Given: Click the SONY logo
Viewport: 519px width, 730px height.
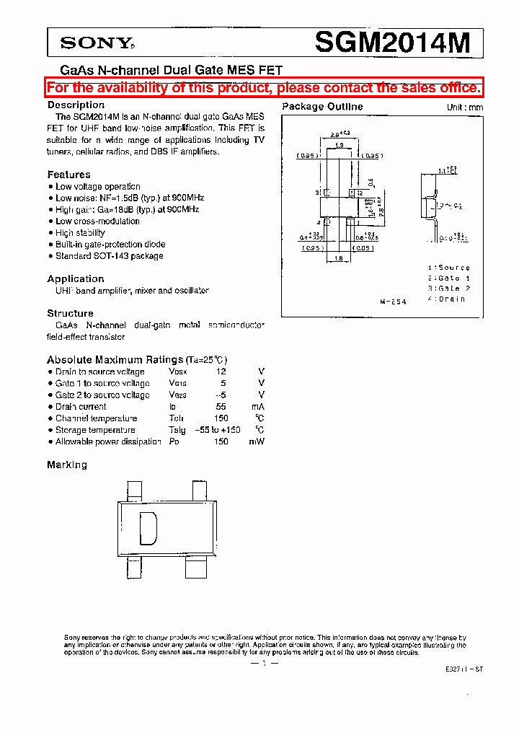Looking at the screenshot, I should [97, 43].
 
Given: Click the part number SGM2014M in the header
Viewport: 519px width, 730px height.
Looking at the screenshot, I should [392, 43].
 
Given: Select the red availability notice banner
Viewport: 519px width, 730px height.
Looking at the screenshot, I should [264, 88].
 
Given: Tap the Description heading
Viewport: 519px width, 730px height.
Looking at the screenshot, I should [76, 105].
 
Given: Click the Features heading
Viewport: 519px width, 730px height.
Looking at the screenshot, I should [68, 175].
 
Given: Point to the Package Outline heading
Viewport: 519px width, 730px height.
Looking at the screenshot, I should [322, 107].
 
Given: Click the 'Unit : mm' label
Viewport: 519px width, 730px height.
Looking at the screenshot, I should [464, 107].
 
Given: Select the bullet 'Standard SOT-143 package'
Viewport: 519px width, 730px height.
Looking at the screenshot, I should [110, 256].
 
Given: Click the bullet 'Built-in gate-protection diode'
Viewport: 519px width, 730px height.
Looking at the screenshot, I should [110, 245].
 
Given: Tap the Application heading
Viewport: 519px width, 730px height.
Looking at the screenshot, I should [76, 279].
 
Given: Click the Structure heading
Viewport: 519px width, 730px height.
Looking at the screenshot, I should [70, 314].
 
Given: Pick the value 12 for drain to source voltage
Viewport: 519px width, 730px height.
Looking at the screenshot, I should [221, 372].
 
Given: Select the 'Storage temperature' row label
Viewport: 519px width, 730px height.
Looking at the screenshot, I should [96, 430].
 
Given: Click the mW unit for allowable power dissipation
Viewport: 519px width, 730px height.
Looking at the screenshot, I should [257, 441].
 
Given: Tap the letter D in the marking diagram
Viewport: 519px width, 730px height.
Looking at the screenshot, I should [148, 529].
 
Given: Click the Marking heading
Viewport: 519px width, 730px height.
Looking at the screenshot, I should [67, 465].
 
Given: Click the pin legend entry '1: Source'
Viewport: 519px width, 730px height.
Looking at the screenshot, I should [448, 268].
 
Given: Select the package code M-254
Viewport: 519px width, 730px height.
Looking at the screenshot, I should [394, 302].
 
